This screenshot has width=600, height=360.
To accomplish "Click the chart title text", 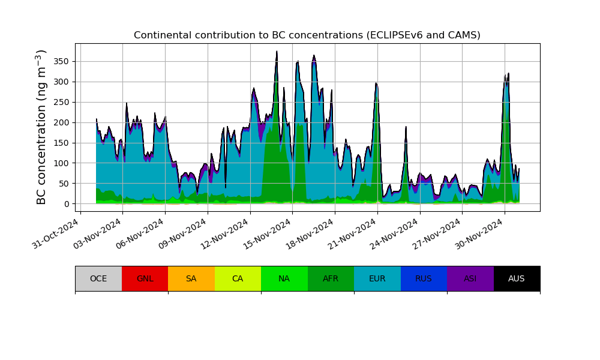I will (x=307, y=35).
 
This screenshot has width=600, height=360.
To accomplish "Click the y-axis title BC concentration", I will (x=41, y=127).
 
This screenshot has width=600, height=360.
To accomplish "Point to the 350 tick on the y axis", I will (x=62, y=61).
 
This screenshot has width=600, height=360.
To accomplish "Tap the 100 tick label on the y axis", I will (x=62, y=163).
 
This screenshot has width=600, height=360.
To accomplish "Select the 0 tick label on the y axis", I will (x=66, y=204).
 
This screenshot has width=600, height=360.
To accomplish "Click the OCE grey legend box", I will (x=98, y=278).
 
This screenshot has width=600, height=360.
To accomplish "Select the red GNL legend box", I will (x=145, y=278).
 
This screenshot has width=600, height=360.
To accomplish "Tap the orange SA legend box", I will (x=191, y=278).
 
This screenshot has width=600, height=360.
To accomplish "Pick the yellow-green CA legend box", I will (x=238, y=278).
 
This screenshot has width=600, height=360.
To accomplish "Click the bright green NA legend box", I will (x=284, y=278).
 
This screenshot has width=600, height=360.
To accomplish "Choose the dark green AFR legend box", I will (x=331, y=278).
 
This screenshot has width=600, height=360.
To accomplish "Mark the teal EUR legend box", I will (x=377, y=278).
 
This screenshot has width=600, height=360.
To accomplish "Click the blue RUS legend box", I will (x=424, y=278).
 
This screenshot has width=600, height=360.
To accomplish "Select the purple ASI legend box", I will (x=470, y=278).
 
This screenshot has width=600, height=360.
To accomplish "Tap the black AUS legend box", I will (x=517, y=278).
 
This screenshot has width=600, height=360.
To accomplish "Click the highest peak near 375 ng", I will (x=277, y=52).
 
